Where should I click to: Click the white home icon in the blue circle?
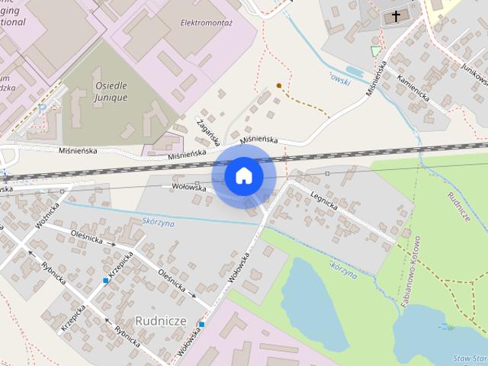pyautogui.click(x=243, y=175)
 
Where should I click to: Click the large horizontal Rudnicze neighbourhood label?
pyautogui.click(x=160, y=319)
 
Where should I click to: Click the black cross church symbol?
pyautogui.click(x=396, y=15)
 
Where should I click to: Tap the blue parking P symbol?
pyautogui.click(x=43, y=109)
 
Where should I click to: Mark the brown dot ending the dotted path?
pyautogui.click(x=279, y=85)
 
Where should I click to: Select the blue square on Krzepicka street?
pyautogui.click(x=106, y=281)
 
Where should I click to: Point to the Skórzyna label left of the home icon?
pyautogui.click(x=159, y=223)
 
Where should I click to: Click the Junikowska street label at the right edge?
pyautogui.click(x=474, y=76)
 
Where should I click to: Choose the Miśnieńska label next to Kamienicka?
pyautogui.click(x=377, y=77)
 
